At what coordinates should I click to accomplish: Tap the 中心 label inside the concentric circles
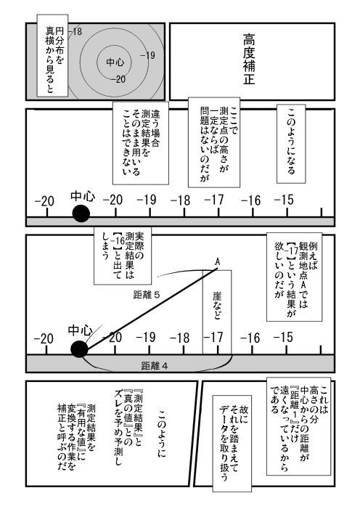click(115, 62)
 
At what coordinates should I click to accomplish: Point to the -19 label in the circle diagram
click(147, 55)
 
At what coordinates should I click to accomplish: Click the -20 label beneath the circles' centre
click(118, 79)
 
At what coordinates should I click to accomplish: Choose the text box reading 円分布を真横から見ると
click(52, 55)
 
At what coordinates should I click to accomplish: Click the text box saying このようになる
click(291, 144)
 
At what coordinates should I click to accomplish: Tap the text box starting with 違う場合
click(141, 143)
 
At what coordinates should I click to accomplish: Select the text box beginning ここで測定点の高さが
click(214, 142)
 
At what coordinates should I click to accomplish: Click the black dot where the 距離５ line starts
click(79, 349)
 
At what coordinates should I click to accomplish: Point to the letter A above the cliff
click(218, 261)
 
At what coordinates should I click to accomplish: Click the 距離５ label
click(147, 295)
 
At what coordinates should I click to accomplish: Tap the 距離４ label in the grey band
click(155, 366)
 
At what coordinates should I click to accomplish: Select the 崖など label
click(217, 305)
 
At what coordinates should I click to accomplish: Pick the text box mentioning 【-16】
click(123, 256)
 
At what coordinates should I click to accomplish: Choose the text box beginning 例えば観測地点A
click(295, 277)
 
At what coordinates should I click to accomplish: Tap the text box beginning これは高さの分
click(298, 426)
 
